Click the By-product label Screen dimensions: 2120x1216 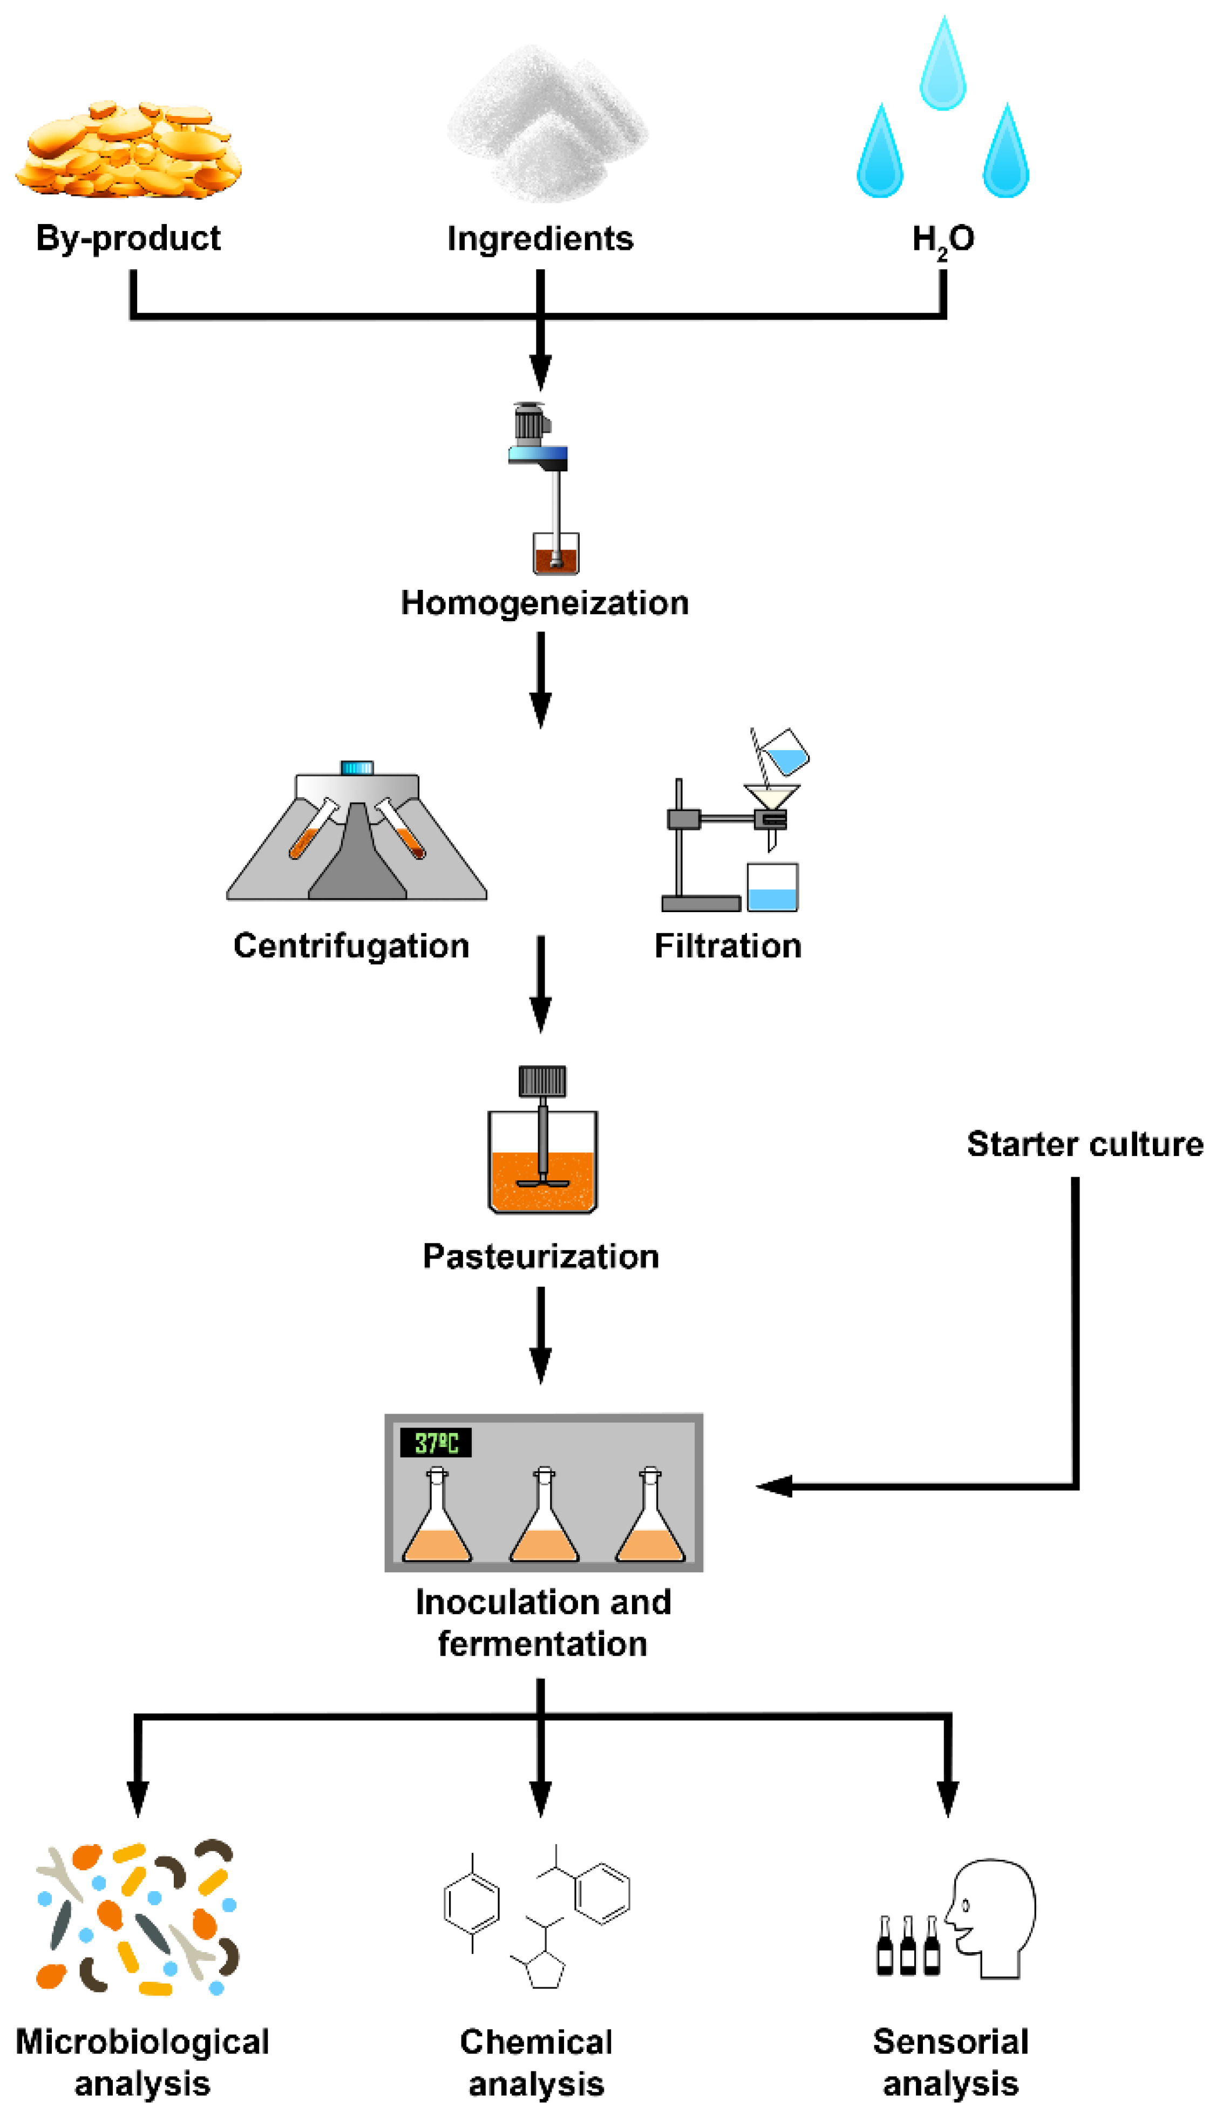pyautogui.click(x=128, y=239)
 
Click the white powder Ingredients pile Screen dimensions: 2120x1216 pyautogui.click(x=547, y=125)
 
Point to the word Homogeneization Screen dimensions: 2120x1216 pyautogui.click(x=545, y=603)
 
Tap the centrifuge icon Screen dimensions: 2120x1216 pyautogui.click(x=357, y=835)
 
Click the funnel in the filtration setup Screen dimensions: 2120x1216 pyautogui.click(x=772, y=796)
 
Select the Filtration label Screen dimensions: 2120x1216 pyautogui.click(x=728, y=946)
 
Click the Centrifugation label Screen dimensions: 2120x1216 pyautogui.click(x=351, y=946)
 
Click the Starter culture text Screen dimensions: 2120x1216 pyautogui.click(x=1084, y=1144)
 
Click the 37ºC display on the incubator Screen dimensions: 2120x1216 pyautogui.click(x=436, y=1442)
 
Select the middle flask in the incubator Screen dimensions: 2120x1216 pyautogui.click(x=544, y=1520)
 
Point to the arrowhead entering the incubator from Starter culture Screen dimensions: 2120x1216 pyautogui.click(x=772, y=1486)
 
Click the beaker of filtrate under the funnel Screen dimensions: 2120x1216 pyautogui.click(x=772, y=888)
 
